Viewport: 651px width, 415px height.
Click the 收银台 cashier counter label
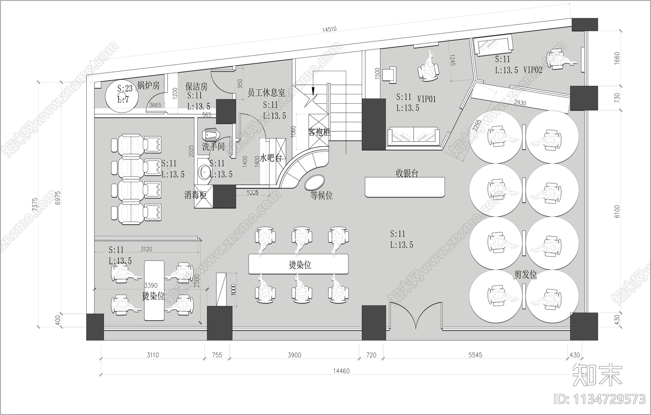click(407, 173)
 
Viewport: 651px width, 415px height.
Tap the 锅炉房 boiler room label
click(148, 85)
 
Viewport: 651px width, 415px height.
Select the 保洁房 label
click(197, 86)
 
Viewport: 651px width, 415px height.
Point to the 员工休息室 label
click(266, 93)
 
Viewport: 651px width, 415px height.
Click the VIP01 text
click(426, 98)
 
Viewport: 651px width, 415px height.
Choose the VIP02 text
click(533, 70)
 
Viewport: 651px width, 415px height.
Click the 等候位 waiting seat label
click(321, 196)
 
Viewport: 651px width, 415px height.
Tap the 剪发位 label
click(525, 275)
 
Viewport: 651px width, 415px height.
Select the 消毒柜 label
click(195, 196)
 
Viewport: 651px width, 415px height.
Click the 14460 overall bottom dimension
click(341, 371)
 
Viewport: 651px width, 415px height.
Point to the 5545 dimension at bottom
click(475, 355)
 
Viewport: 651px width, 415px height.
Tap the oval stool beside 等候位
click(315, 181)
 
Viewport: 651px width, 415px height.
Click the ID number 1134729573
click(600, 399)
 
